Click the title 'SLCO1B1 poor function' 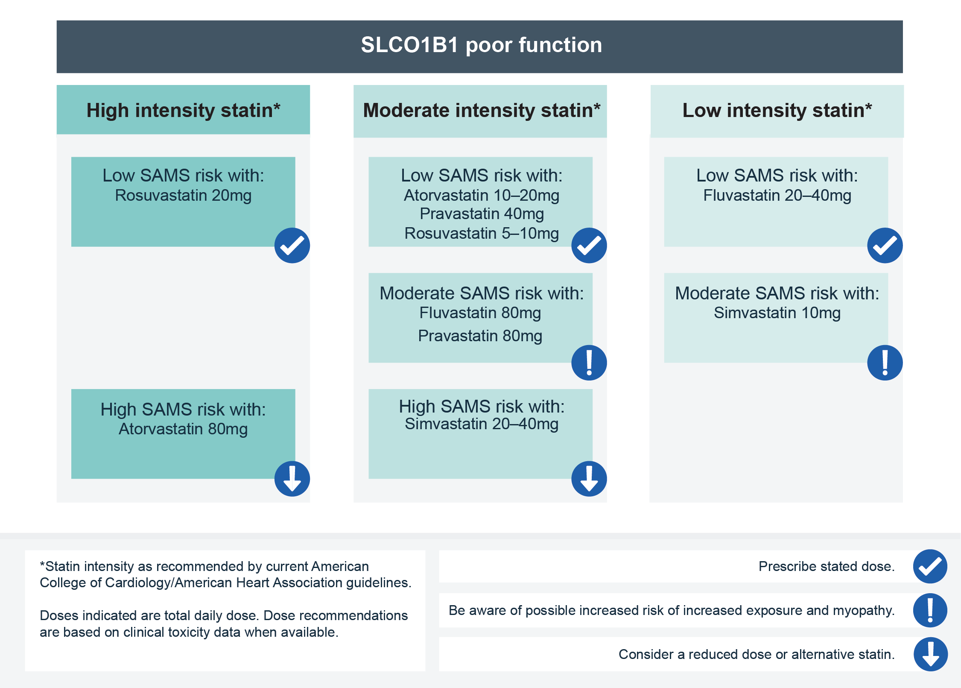481,45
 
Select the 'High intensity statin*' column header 183,110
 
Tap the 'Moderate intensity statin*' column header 482,110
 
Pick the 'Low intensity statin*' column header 777,110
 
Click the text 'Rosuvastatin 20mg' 183,195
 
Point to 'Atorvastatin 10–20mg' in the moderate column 482,195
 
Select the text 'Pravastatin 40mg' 482,214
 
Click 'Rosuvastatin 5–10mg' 482,233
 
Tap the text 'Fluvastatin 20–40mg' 777,195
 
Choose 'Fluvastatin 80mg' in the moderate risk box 480,313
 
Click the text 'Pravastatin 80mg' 480,336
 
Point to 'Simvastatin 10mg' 777,313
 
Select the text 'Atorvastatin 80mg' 183,429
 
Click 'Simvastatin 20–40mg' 482,424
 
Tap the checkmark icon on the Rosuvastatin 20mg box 292,246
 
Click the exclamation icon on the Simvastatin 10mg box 885,363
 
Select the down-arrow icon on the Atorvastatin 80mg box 292,479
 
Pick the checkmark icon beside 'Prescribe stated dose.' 930,566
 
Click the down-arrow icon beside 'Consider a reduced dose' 931,654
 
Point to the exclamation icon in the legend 930,610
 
